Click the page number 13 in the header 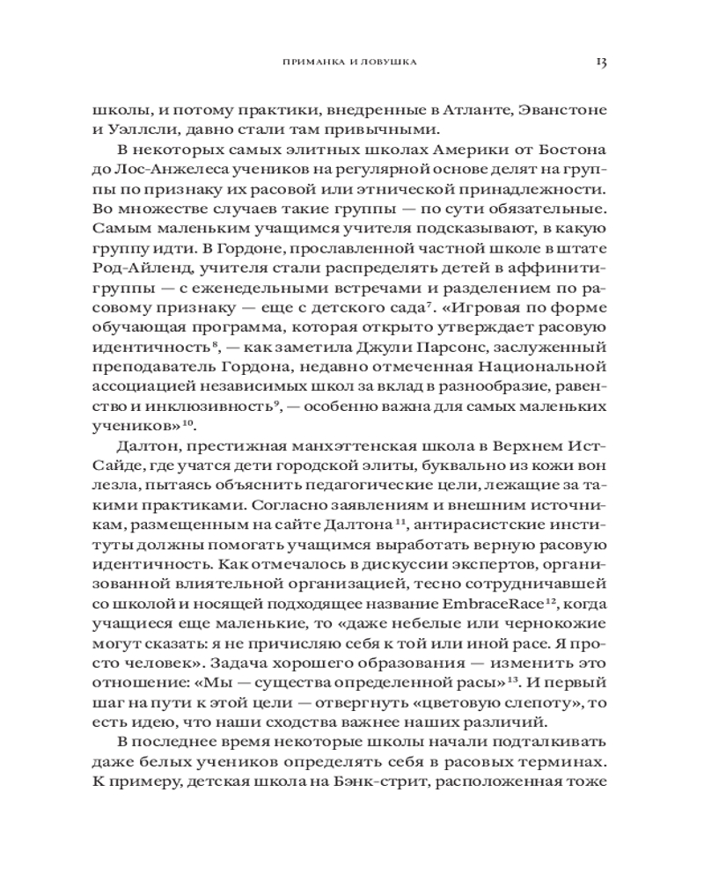click(602, 62)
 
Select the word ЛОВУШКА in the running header click(392, 63)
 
